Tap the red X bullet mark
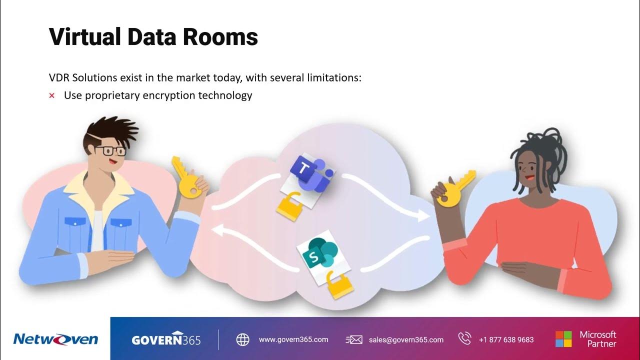[51, 95]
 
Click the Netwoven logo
[55, 339]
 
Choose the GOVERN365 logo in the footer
[166, 339]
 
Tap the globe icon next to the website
[242, 339]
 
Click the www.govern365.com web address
[293, 339]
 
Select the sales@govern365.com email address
[406, 339]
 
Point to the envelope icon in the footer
[354, 339]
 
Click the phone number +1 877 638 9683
[506, 339]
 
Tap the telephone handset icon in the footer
[464, 339]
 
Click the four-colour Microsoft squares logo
[563, 339]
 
